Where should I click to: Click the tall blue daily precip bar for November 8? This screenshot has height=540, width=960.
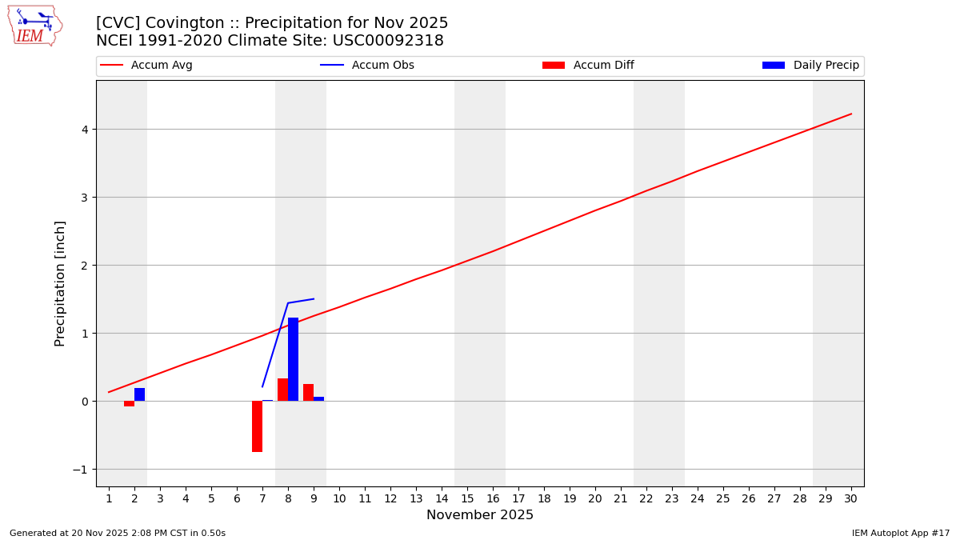pyautogui.click(x=293, y=359)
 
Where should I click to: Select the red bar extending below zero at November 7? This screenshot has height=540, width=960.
pyautogui.click(x=257, y=426)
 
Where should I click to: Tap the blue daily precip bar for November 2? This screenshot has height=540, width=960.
pyautogui.click(x=139, y=394)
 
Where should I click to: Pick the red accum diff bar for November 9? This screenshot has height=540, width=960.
pyautogui.click(x=308, y=393)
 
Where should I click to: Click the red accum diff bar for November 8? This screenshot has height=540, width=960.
pyautogui.click(x=282, y=390)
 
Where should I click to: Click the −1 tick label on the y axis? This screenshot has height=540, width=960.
pyautogui.click(x=80, y=470)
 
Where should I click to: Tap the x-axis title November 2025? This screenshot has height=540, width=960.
pyautogui.click(x=480, y=515)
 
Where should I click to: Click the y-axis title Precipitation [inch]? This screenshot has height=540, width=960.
pyautogui.click(x=60, y=283)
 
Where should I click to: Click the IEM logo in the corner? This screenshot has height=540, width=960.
pyautogui.click(x=34, y=26)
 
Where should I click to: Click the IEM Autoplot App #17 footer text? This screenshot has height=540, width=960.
pyautogui.click(x=900, y=533)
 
